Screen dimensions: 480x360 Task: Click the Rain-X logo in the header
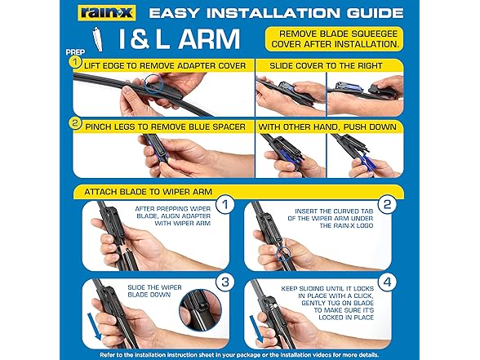coord(107,13)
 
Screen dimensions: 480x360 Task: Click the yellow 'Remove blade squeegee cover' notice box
coord(335,39)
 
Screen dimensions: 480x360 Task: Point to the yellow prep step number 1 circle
coord(75,62)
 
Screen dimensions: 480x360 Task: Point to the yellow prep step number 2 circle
coord(75,123)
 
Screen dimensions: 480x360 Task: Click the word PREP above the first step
coord(75,52)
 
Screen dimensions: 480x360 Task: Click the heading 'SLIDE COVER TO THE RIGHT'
coord(326,66)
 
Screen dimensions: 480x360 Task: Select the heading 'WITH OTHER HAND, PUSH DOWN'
coord(327,127)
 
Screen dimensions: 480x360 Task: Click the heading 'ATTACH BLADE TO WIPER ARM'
coord(149,192)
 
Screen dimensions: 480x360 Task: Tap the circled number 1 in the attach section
coord(225,204)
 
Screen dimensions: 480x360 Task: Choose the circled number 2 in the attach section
coord(388,204)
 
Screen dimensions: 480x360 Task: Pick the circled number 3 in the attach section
coord(225,282)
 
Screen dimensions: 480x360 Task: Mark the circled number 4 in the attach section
coord(388,282)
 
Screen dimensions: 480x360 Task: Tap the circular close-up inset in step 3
coord(200,310)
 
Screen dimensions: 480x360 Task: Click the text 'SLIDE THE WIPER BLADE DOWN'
coord(154,291)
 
